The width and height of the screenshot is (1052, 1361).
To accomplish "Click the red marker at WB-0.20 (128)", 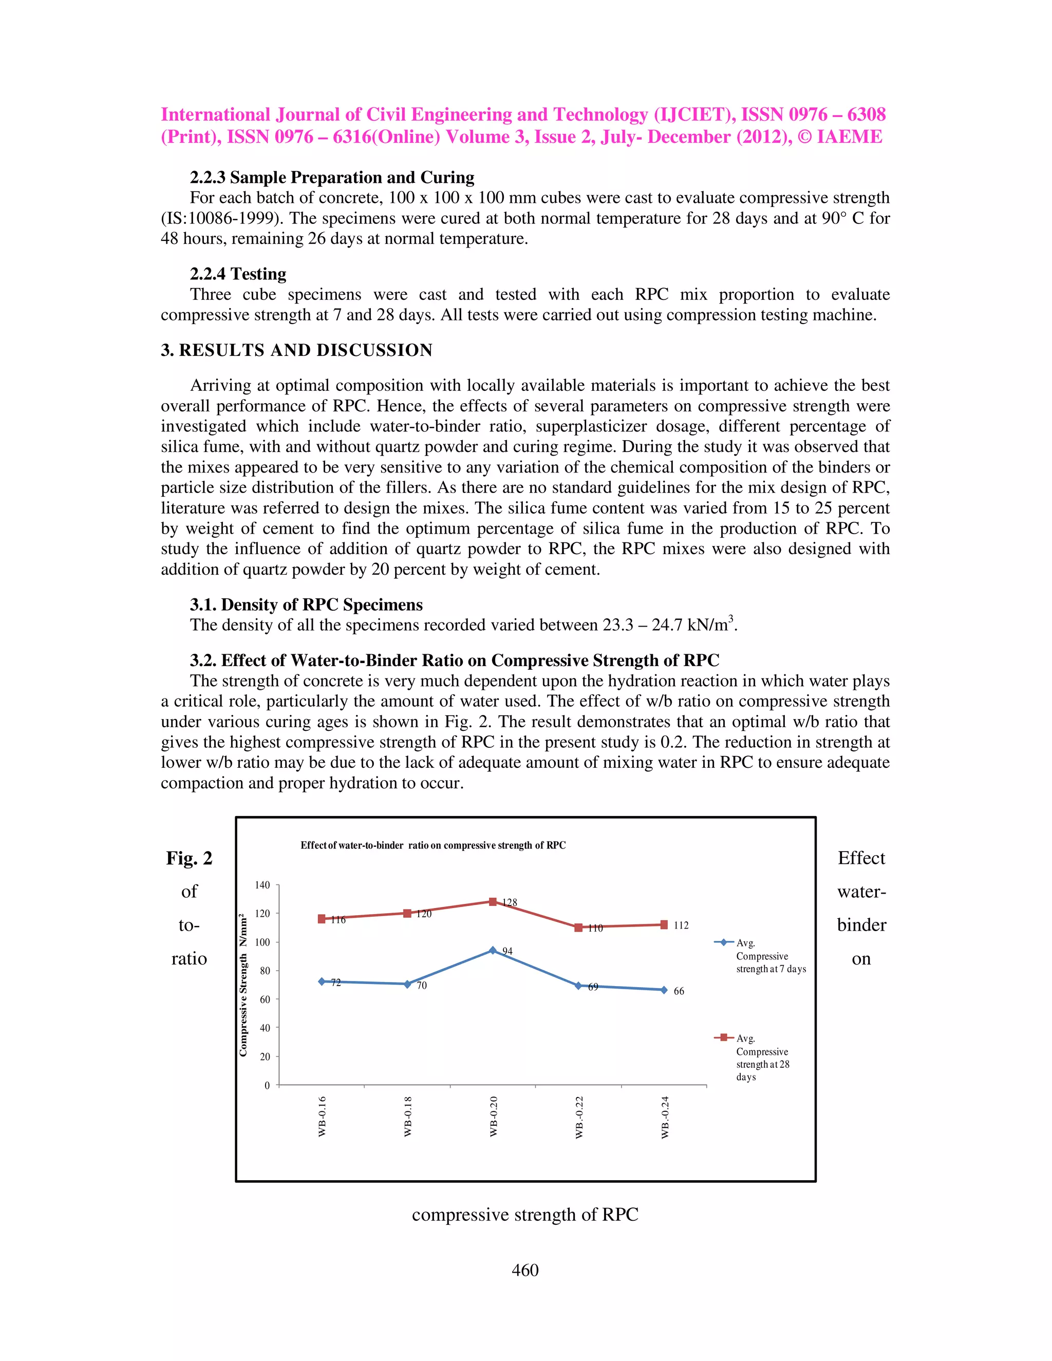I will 492,902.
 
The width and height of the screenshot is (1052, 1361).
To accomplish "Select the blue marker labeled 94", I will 492,950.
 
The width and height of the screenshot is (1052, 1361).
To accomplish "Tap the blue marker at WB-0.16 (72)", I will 322,981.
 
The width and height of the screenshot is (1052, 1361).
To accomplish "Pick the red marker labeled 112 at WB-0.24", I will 664,925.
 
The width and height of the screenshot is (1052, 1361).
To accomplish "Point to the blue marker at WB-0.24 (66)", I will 664,990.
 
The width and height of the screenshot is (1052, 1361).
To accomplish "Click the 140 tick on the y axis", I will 263,885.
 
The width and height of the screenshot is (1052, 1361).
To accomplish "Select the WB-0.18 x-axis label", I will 407,1116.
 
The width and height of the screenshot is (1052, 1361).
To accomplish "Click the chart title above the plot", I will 433,846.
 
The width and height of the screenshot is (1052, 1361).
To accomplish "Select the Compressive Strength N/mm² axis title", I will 243,985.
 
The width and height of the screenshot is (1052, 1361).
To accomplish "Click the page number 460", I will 525,1270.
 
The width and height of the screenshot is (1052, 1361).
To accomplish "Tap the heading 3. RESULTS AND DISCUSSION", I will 297,350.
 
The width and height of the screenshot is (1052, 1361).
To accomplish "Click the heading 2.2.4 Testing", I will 238,274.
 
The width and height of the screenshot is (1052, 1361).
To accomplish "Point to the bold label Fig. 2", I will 189,858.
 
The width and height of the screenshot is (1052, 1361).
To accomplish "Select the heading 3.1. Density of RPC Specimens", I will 306,604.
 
